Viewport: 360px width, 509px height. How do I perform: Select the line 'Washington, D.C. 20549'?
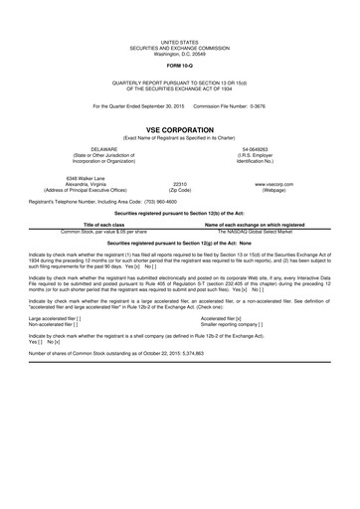click(180, 53)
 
